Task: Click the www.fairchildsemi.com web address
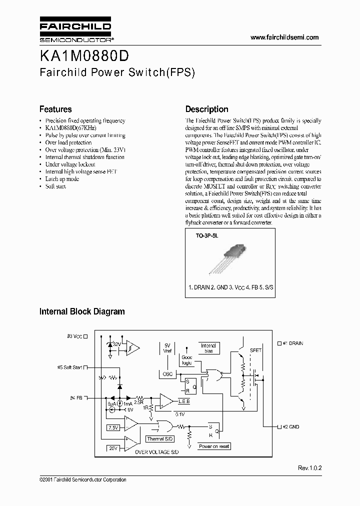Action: click(x=284, y=38)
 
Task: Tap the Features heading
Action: click(x=55, y=109)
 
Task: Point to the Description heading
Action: click(x=206, y=109)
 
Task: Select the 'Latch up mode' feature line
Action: click(x=62, y=179)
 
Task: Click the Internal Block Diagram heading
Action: click(x=82, y=311)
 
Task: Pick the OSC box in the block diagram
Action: click(x=167, y=374)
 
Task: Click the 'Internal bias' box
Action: click(x=208, y=348)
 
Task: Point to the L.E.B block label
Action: click(x=184, y=401)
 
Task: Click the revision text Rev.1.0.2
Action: click(x=310, y=468)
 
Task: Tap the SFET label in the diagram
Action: click(x=255, y=350)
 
